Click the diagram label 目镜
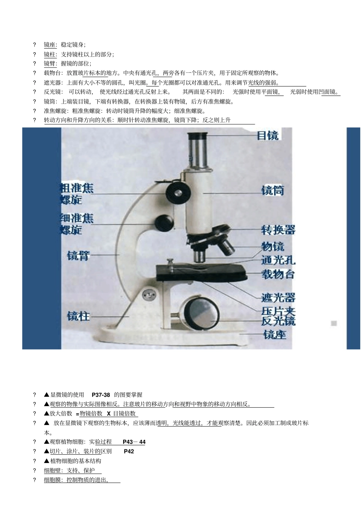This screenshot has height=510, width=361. coord(268,135)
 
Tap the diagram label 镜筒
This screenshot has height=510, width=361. coord(272,190)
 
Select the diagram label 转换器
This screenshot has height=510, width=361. coord(278,230)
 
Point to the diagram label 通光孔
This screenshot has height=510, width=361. coord(278,260)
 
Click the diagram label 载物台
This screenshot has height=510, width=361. coord(278,274)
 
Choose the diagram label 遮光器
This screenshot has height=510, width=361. coord(278,298)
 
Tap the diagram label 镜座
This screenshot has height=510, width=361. coord(275,334)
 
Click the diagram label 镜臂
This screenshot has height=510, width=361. coord(78,256)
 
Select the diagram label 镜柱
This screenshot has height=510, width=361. coord(78,316)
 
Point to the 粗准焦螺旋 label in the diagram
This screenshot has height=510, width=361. coord(76,194)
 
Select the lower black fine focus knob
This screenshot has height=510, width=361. coord(164,223)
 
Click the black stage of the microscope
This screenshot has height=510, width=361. coord(201,272)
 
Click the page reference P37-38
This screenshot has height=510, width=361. coord(101,395)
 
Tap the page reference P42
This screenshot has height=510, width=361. coord(129,451)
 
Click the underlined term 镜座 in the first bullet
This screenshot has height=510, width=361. coord(50,45)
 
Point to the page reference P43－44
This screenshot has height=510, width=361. coord(134,442)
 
